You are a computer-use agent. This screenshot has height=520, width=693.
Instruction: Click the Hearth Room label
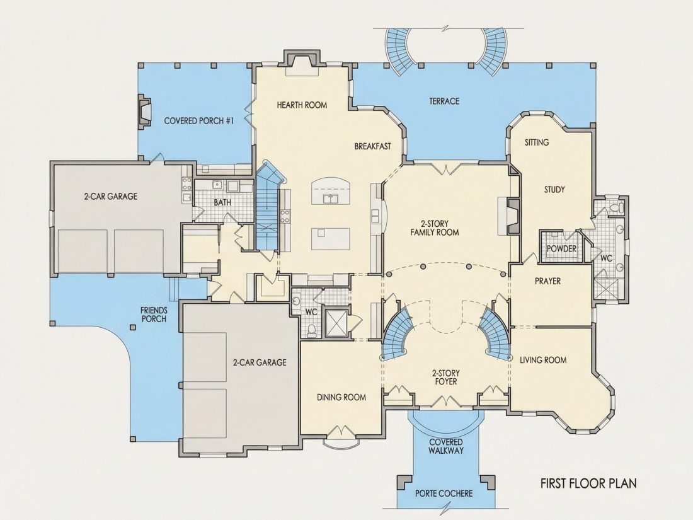pos(302,105)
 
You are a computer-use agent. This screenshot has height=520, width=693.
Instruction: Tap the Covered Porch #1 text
pos(199,121)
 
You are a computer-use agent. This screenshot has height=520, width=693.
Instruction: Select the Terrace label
pos(444,101)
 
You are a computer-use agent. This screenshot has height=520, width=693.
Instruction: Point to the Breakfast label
pos(372,146)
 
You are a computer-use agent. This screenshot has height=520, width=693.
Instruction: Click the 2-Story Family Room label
pos(435,228)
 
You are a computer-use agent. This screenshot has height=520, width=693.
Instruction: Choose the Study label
pos(554,190)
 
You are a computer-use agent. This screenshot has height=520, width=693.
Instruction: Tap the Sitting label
pos(537,142)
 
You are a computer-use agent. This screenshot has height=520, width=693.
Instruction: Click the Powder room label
pos(561,248)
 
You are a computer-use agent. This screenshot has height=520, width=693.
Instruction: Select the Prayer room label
pos(547,280)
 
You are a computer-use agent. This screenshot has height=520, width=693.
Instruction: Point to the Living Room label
pos(542,360)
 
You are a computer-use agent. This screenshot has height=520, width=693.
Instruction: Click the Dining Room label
pos(341,397)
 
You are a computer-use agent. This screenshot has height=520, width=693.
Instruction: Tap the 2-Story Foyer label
pos(445,377)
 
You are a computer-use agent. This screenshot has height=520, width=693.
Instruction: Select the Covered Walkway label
pos(446,446)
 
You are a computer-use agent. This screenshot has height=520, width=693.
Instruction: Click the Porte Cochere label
pos(444,494)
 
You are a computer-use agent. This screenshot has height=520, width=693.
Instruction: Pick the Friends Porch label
pos(154,315)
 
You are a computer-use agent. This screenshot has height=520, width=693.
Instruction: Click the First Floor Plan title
pos(588,483)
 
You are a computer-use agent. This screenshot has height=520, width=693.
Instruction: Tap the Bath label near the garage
pos(222,202)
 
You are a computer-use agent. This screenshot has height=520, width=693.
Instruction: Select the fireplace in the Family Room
pos(511,216)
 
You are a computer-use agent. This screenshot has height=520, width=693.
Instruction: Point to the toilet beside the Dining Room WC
pos(312,330)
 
